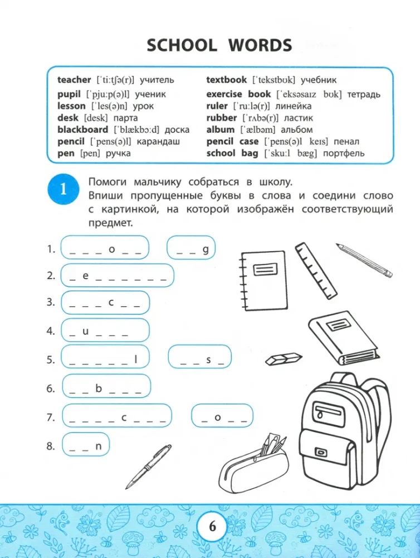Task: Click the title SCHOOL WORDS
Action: click(x=219, y=45)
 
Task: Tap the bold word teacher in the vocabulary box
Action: click(x=74, y=80)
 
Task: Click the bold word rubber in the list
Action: click(x=221, y=118)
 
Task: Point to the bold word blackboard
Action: click(x=84, y=129)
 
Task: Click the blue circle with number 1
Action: click(x=63, y=189)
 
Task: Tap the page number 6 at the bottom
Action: click(x=211, y=526)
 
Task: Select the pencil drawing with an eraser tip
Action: click(x=364, y=259)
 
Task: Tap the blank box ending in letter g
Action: click(x=191, y=249)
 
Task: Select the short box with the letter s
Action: click(x=199, y=359)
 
